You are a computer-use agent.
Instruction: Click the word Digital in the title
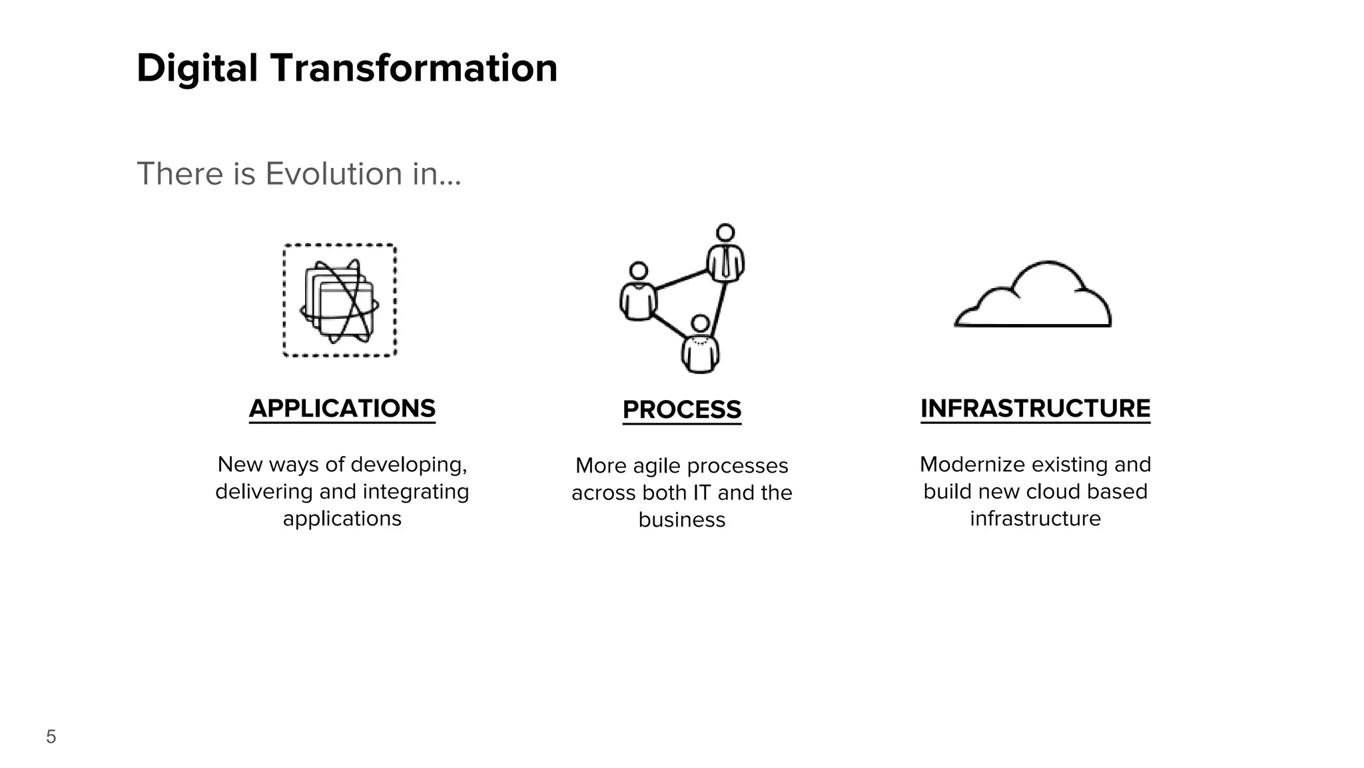(x=197, y=69)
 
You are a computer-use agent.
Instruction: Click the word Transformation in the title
(x=414, y=69)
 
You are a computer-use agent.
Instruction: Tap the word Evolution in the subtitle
(x=334, y=174)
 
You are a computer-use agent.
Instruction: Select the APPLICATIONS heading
(x=342, y=408)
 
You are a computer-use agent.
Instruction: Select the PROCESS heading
(x=681, y=409)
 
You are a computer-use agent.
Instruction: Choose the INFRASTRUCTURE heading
(x=1035, y=408)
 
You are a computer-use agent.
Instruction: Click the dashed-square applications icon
(x=340, y=300)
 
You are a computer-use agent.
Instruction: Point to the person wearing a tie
(x=725, y=257)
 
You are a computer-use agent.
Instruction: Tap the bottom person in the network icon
(x=700, y=347)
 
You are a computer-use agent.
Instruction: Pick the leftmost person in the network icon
(x=638, y=293)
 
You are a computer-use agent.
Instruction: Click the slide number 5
(x=51, y=737)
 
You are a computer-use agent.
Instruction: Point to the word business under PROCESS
(x=681, y=520)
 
